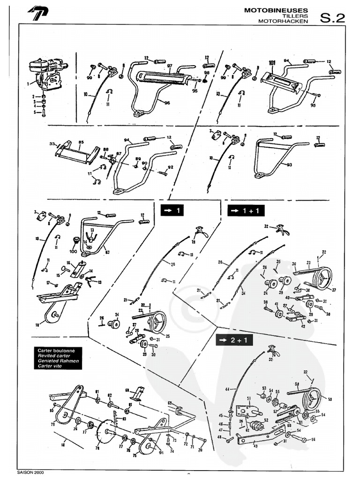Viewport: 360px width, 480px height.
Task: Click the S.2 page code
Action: [x=332, y=17]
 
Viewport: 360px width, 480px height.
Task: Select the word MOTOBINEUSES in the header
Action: [x=277, y=10]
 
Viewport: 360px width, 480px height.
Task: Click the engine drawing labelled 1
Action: [x=47, y=75]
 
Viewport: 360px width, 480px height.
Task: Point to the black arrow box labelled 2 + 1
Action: [x=234, y=340]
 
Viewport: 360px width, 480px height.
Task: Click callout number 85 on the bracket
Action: [x=81, y=142]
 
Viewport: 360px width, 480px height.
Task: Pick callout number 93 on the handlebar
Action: [x=289, y=165]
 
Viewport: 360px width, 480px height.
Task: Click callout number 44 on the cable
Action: [x=227, y=389]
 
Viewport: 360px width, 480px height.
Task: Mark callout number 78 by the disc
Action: [x=97, y=448]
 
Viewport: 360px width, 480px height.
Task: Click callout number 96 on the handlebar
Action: [x=167, y=103]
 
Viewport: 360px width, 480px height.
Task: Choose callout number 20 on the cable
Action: [x=172, y=264]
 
